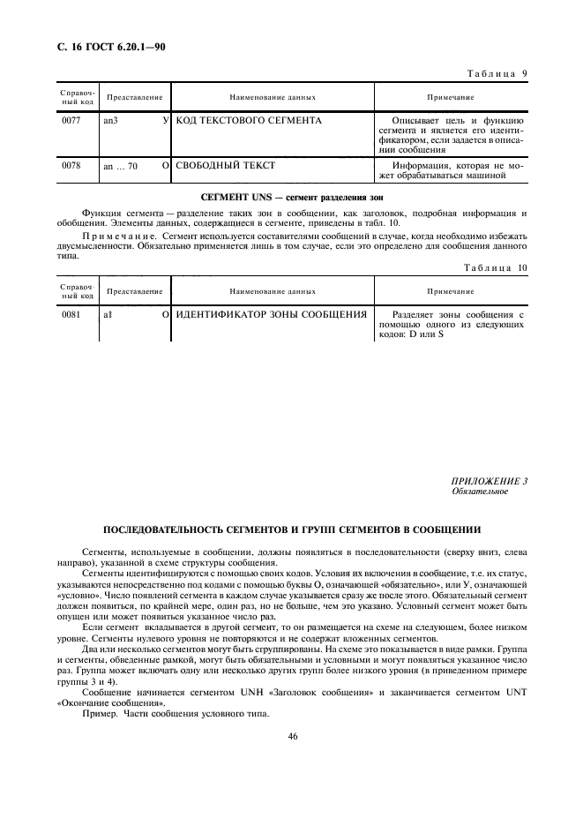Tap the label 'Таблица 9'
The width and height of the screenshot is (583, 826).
coord(494,74)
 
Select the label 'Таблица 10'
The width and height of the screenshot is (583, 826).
coord(492,267)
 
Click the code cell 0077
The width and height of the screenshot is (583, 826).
coord(71,119)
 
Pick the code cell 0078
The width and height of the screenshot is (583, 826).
coord(71,165)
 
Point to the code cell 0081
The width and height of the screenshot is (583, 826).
coord(71,313)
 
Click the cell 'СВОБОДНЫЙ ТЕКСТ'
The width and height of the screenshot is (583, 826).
coord(226,165)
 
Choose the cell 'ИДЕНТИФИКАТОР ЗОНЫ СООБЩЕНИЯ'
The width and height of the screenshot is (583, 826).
coord(272,313)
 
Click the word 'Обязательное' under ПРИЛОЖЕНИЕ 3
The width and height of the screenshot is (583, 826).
coord(480,491)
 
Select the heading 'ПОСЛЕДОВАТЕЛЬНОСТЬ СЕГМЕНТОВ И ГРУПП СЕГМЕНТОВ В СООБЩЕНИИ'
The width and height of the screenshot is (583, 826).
coord(292,530)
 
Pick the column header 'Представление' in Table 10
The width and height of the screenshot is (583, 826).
coord(135,290)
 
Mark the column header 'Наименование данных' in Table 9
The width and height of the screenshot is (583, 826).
coord(273,96)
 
